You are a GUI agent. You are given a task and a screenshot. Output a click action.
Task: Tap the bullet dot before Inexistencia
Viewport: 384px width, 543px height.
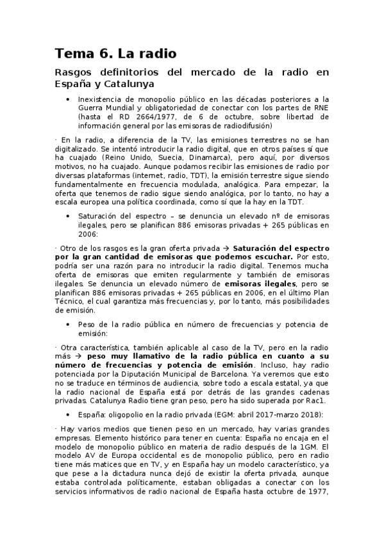pos(68,99)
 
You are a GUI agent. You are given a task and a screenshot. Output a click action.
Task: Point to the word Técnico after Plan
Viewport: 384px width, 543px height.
pos(72,302)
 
